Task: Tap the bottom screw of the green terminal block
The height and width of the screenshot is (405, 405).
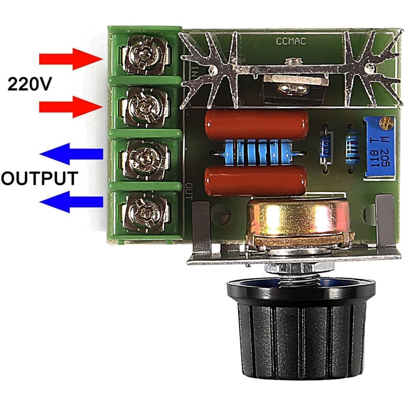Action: (144, 210)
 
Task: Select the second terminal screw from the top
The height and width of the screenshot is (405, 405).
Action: (144, 104)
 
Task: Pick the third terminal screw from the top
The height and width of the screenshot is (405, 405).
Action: (144, 156)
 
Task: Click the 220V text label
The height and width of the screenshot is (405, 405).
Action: (29, 84)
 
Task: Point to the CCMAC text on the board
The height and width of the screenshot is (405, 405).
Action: (291, 41)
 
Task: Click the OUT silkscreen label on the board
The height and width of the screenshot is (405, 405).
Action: (189, 191)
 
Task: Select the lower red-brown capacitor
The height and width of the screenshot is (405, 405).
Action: (256, 181)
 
